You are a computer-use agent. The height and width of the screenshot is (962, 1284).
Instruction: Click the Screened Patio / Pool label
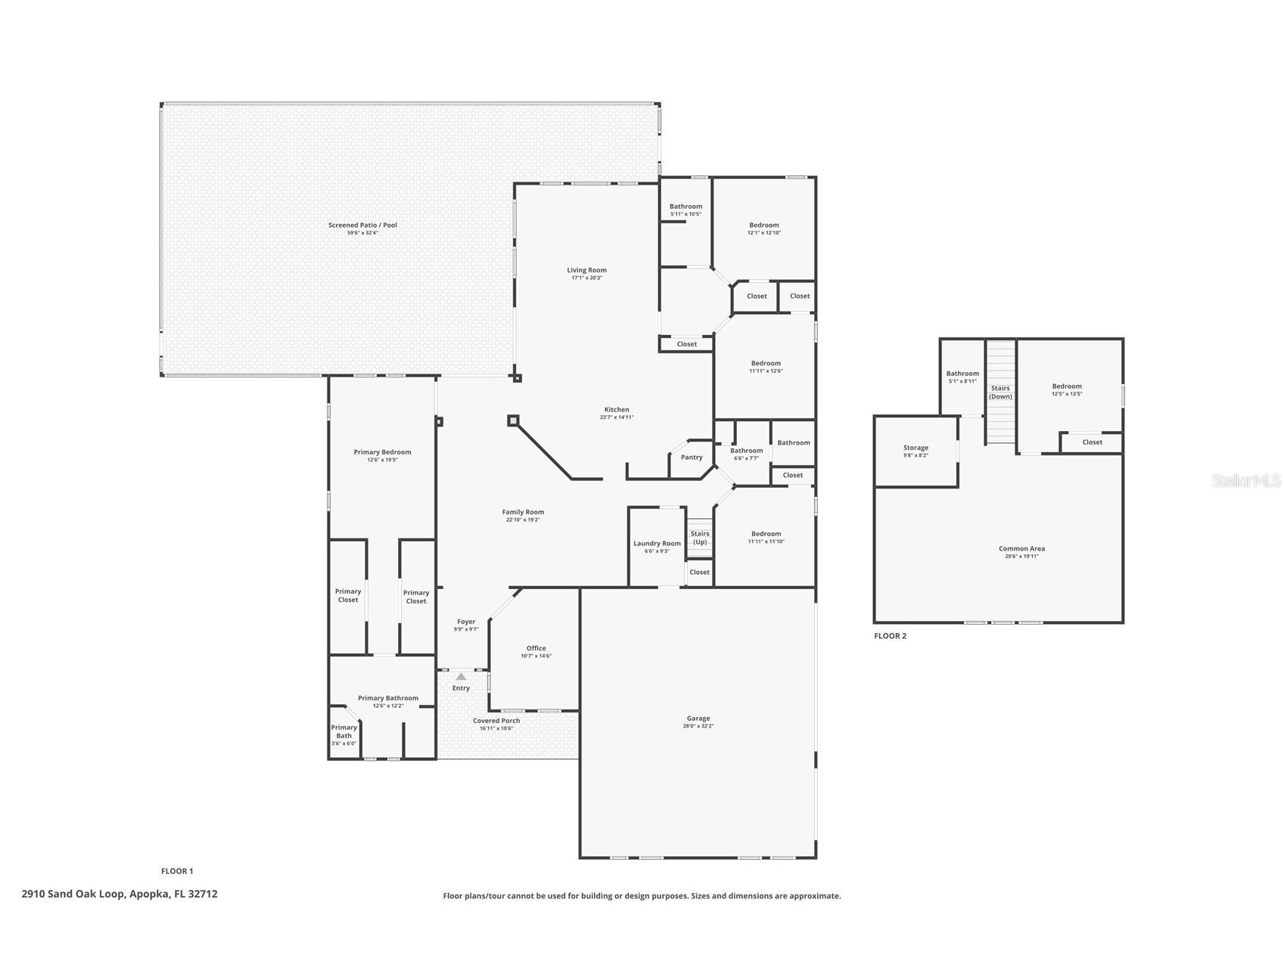362,225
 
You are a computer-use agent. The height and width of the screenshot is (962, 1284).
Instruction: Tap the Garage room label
698,718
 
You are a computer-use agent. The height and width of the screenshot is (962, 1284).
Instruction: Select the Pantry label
692,457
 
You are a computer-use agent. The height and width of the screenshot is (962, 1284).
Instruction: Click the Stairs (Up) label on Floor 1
700,538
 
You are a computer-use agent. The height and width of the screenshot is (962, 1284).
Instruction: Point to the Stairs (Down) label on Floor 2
1000,392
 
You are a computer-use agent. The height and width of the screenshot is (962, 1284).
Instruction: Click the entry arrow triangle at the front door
461,676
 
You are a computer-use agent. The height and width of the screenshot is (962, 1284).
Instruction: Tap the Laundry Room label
657,543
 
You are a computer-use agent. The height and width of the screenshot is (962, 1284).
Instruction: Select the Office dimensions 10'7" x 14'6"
536,656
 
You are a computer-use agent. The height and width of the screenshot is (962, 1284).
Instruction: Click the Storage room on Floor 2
916,451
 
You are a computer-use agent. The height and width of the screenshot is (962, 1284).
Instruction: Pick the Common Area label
1021,548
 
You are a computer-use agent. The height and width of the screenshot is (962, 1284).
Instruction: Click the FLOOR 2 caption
890,636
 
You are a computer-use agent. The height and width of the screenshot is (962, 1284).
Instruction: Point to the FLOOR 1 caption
177,871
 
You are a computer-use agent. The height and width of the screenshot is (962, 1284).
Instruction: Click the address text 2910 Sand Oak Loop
120,894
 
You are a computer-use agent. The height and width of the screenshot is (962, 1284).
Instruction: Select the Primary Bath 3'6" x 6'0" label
344,735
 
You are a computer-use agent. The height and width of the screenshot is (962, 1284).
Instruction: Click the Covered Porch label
496,721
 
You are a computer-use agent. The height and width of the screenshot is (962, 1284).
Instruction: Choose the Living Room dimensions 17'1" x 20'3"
586,278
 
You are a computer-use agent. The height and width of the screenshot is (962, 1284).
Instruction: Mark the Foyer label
466,622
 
